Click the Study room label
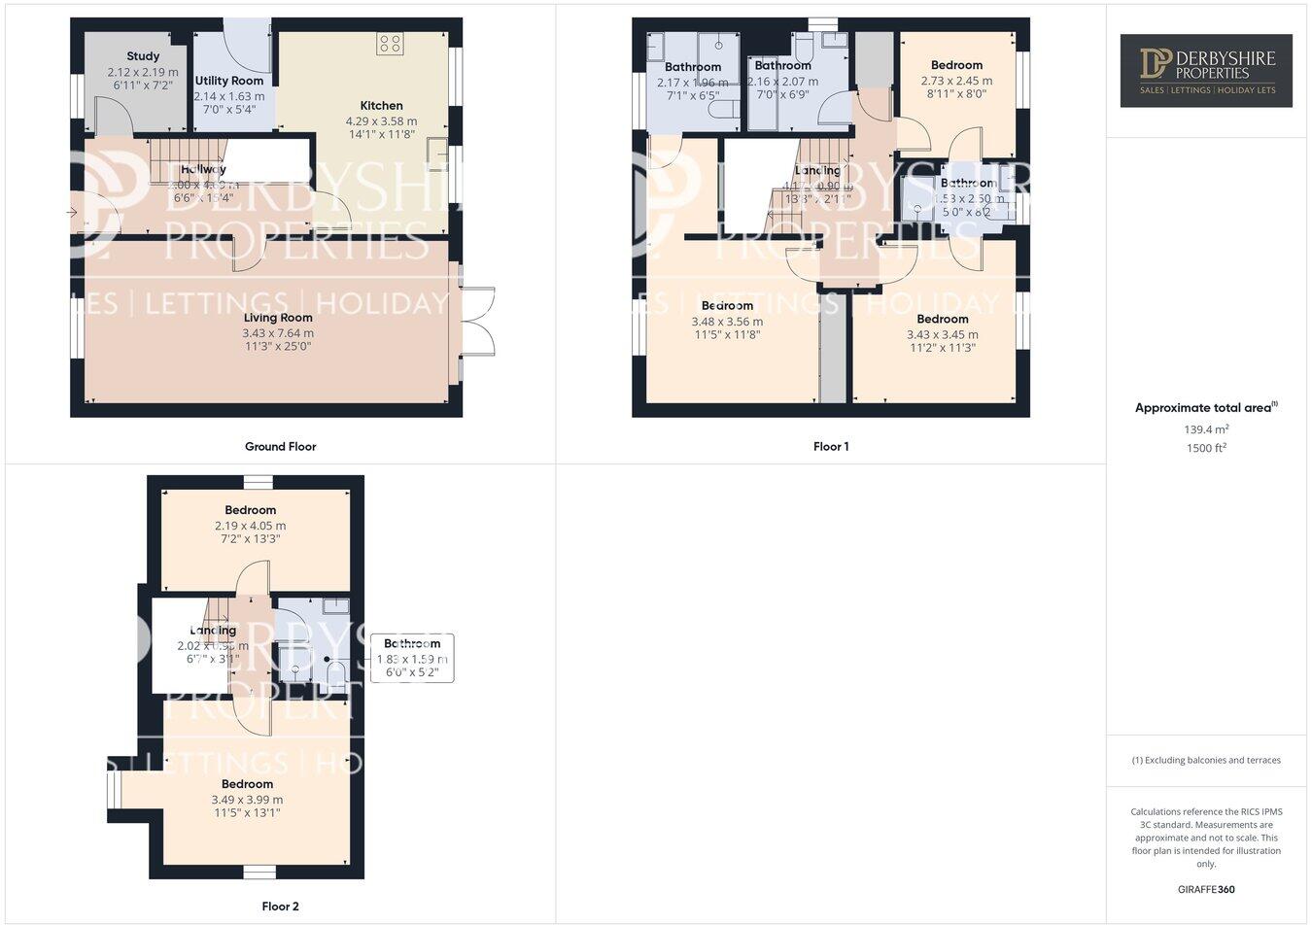[143, 56]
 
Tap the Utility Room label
[228, 81]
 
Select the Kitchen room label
[381, 105]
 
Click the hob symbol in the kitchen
[390, 44]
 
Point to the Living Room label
[278, 318]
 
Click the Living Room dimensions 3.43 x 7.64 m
[278, 332]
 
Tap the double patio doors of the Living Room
[478, 321]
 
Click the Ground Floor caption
[280, 447]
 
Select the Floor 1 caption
[831, 447]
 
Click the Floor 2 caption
[280, 907]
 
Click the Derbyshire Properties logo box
[1206, 70]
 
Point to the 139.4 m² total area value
[1205, 429]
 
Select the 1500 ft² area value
[1205, 448]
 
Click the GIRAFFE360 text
[1206, 889]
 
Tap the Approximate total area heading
[1205, 408]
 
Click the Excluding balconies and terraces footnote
[1206, 760]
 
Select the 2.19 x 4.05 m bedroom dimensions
[251, 526]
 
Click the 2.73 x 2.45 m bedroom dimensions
[956, 81]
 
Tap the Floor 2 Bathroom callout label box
[412, 658]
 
